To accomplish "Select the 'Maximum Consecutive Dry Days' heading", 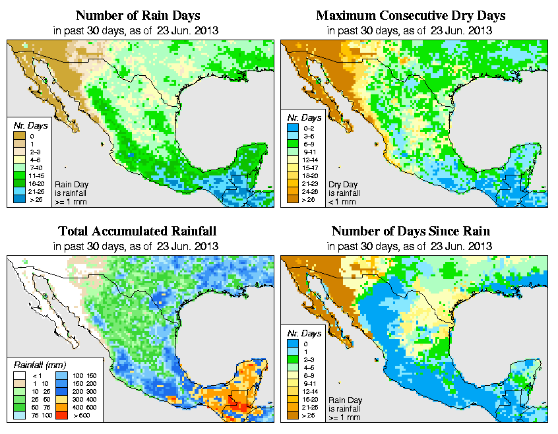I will tap(410, 15).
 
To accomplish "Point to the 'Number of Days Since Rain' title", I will tap(410, 232).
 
